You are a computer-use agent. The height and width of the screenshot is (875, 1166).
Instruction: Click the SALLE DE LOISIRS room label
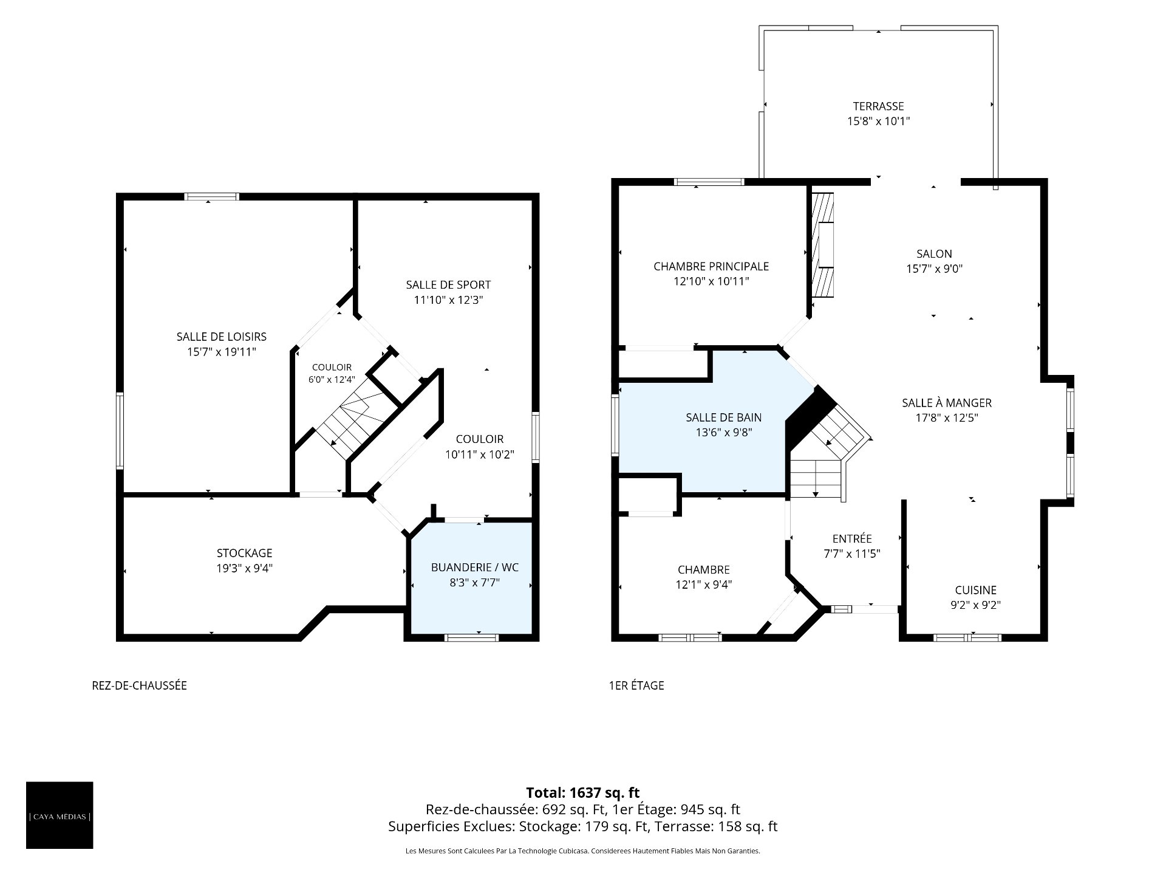(x=222, y=337)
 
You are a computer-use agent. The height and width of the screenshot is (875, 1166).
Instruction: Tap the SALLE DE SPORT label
(x=448, y=284)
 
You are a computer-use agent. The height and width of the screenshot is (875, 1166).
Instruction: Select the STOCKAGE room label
(x=245, y=553)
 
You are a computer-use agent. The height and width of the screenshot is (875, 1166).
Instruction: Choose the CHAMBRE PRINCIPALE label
(x=711, y=266)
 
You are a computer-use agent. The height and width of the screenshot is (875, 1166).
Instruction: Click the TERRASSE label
(x=878, y=106)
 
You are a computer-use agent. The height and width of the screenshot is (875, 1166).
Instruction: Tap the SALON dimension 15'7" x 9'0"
(x=935, y=269)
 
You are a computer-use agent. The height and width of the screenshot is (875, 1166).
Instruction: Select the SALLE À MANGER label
(x=947, y=402)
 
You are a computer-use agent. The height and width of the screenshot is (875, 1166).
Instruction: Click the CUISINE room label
(x=976, y=589)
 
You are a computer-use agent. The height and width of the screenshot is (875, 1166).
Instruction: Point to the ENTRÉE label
(x=852, y=538)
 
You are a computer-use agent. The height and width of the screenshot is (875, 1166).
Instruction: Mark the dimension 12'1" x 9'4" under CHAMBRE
(x=704, y=585)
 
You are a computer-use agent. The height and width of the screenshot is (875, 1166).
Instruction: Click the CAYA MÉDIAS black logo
(x=60, y=815)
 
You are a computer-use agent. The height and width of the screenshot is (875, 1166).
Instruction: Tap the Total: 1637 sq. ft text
(x=583, y=792)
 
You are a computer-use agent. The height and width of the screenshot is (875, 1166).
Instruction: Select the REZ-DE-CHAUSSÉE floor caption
(x=139, y=685)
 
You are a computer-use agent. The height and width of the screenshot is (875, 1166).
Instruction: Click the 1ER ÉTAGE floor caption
(x=636, y=685)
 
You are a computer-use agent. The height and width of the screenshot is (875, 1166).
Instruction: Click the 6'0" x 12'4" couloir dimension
(x=332, y=379)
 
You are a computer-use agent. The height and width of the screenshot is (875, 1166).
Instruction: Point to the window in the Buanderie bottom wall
(x=472, y=637)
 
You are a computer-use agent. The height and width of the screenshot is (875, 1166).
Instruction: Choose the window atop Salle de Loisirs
(x=211, y=196)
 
